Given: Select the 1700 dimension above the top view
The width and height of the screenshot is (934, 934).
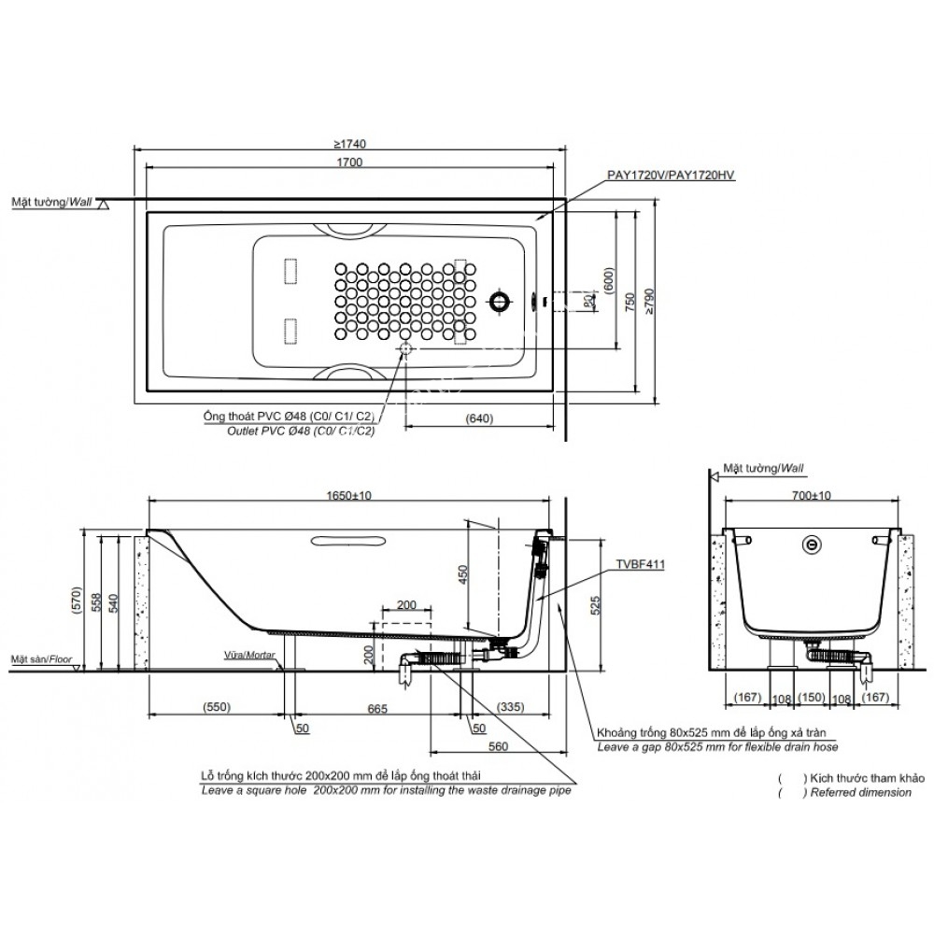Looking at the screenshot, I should [351, 162].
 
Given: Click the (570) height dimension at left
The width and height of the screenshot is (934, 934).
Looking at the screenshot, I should [84, 598].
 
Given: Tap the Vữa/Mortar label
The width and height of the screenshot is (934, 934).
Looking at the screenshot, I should [251, 656].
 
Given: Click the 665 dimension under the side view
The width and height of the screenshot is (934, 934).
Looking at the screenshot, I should [376, 709].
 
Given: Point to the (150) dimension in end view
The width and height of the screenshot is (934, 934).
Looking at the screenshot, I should [814, 698].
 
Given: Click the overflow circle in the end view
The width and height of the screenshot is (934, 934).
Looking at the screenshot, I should [814, 543].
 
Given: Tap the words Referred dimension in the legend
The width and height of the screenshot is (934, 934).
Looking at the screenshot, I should [861, 792].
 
